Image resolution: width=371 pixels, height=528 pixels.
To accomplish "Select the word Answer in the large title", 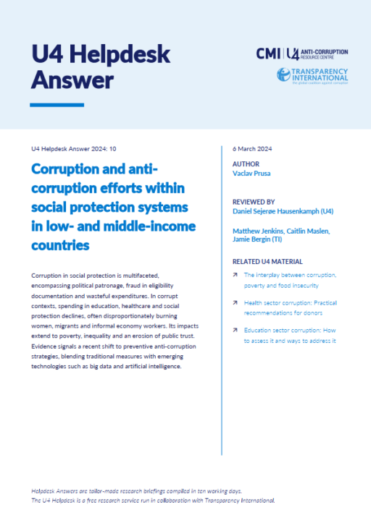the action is pos(72,79).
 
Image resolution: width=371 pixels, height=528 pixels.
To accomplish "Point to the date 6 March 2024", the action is pos(250,148).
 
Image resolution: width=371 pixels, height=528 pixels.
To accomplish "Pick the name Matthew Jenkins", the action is pos(255,231).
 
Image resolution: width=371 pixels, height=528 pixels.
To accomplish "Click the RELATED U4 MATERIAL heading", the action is pos(267,261).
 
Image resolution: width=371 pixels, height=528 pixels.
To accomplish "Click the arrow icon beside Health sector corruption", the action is pos(235,302).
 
